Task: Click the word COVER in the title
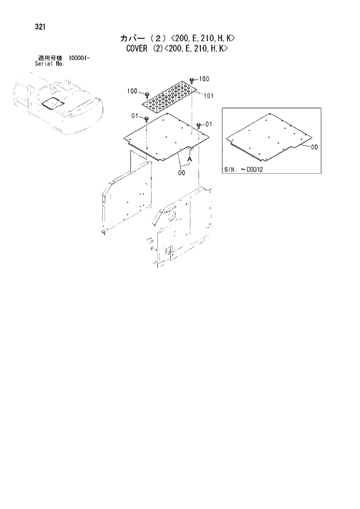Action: (x=137, y=49)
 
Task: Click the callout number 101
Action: (x=209, y=96)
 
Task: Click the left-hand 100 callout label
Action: (x=132, y=91)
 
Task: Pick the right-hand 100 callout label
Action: (x=204, y=78)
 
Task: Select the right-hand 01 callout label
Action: (x=208, y=124)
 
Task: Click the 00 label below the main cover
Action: (x=182, y=173)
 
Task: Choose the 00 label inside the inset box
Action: (x=314, y=148)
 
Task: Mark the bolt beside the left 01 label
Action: (x=147, y=119)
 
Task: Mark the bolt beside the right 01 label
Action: (x=199, y=124)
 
